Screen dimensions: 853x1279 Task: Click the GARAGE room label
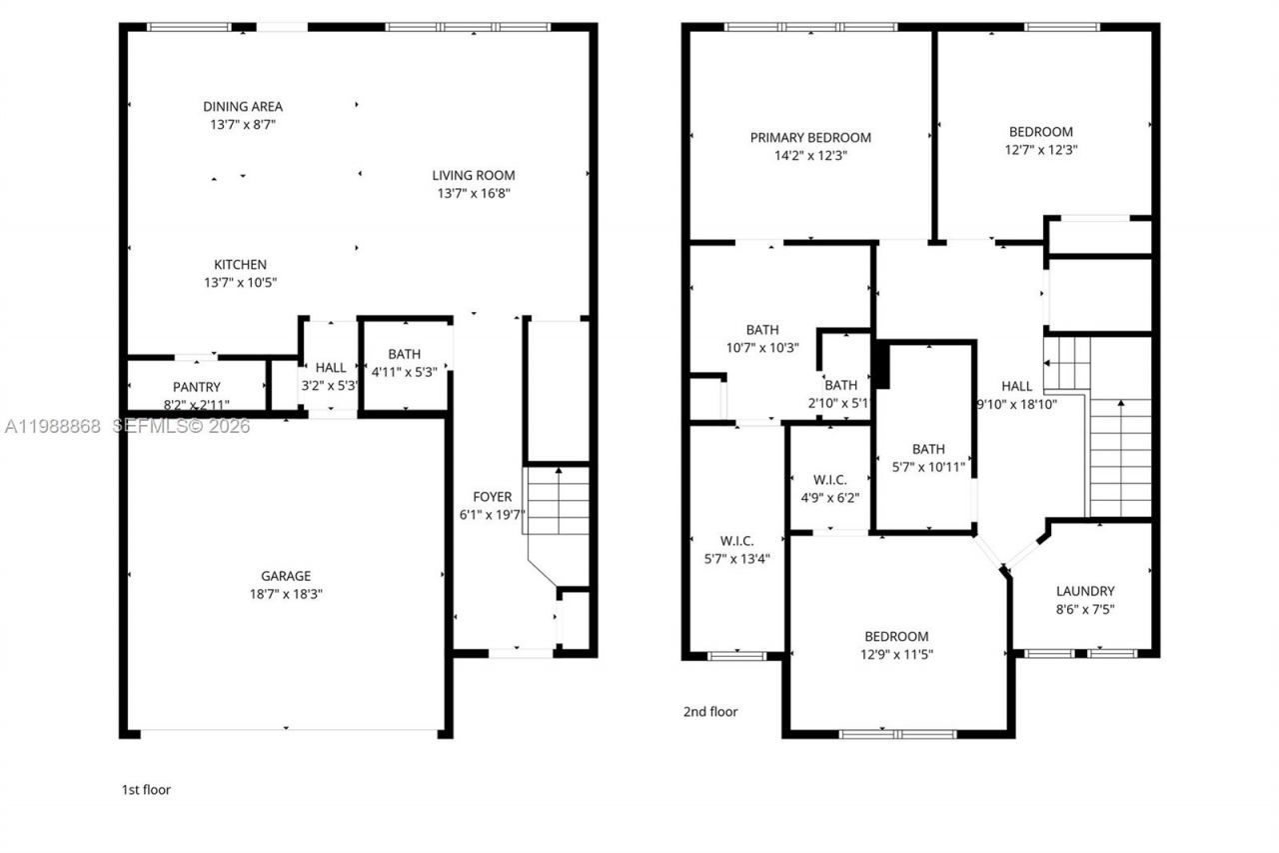(x=286, y=576)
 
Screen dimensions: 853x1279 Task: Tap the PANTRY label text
(x=196, y=387)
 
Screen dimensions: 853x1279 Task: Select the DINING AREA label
(x=243, y=107)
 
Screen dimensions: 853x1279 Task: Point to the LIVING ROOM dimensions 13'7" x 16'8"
(x=474, y=193)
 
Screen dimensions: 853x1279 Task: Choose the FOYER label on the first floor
(x=492, y=497)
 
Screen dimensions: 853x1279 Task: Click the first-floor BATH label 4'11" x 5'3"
(x=405, y=354)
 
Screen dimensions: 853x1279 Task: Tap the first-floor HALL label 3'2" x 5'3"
(x=330, y=368)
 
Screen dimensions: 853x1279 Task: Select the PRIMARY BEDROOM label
(x=810, y=138)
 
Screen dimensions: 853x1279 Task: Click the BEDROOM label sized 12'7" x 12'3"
(x=1041, y=132)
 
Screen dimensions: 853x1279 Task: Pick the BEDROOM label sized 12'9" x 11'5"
(x=896, y=637)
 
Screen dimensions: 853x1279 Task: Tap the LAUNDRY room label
(x=1084, y=591)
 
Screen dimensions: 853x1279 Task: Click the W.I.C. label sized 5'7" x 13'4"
(x=736, y=541)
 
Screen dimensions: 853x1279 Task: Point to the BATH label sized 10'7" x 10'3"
(x=761, y=330)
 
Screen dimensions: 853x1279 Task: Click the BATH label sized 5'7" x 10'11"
(x=928, y=450)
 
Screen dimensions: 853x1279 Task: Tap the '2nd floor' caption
(x=709, y=712)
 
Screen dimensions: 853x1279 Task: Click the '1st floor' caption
(x=146, y=790)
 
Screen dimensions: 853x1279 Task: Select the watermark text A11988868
(x=52, y=427)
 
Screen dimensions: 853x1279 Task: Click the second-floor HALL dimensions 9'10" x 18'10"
(x=1016, y=404)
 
